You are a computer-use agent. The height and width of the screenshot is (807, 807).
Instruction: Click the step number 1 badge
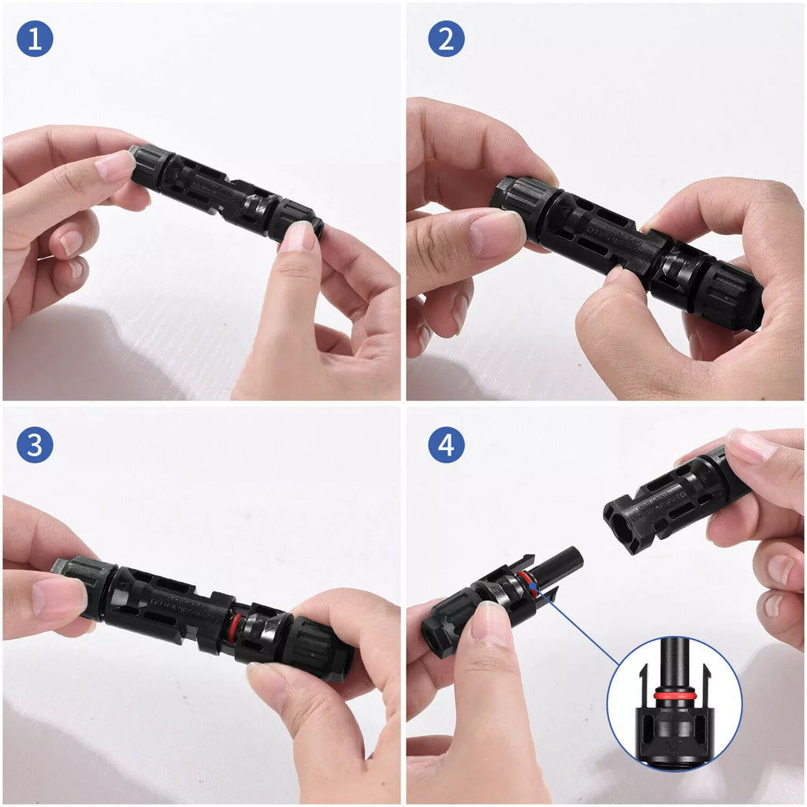tap(35, 39)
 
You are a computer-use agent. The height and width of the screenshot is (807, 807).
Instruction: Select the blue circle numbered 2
tap(446, 39)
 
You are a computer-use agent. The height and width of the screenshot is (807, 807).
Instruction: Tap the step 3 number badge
tap(35, 445)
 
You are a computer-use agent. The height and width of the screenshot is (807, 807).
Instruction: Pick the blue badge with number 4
tap(446, 445)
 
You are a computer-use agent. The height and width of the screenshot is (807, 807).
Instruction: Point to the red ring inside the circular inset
tap(673, 696)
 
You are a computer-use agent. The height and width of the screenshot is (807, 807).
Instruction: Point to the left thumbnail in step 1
tap(115, 165)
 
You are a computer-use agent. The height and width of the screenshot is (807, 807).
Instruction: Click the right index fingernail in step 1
tap(299, 236)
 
